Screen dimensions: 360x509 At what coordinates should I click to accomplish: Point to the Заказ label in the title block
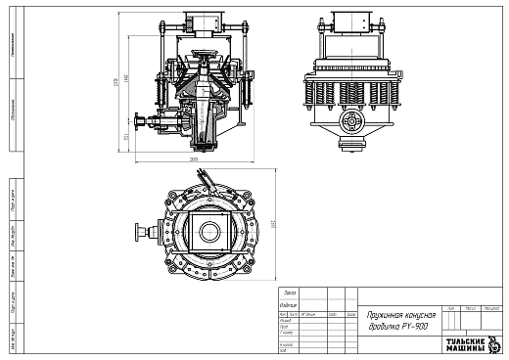pyautogui.click(x=289, y=292)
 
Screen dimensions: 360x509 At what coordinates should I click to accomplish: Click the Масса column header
pyautogui.click(x=472, y=307)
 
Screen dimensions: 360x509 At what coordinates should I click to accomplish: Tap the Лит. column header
pyautogui.click(x=450, y=307)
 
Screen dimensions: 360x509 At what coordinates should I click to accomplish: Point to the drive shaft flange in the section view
pyautogui.click(x=139, y=121)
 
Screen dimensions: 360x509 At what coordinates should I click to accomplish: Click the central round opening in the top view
pyautogui.click(x=208, y=232)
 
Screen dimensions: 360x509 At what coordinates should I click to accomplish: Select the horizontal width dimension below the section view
pyautogui.click(x=194, y=158)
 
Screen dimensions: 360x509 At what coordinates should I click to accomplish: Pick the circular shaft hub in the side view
pyautogui.click(x=348, y=118)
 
